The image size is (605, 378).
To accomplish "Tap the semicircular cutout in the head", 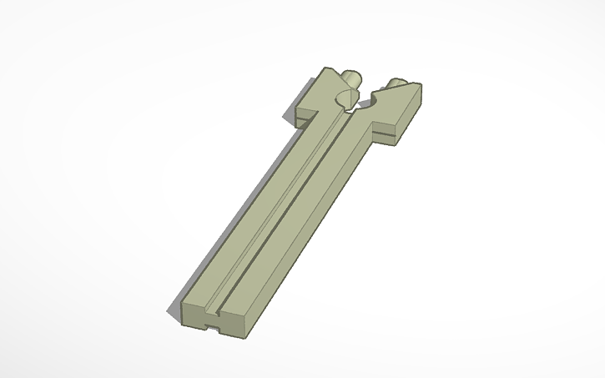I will [x=344, y=102].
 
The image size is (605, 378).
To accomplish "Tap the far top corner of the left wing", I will [x=324, y=69].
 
